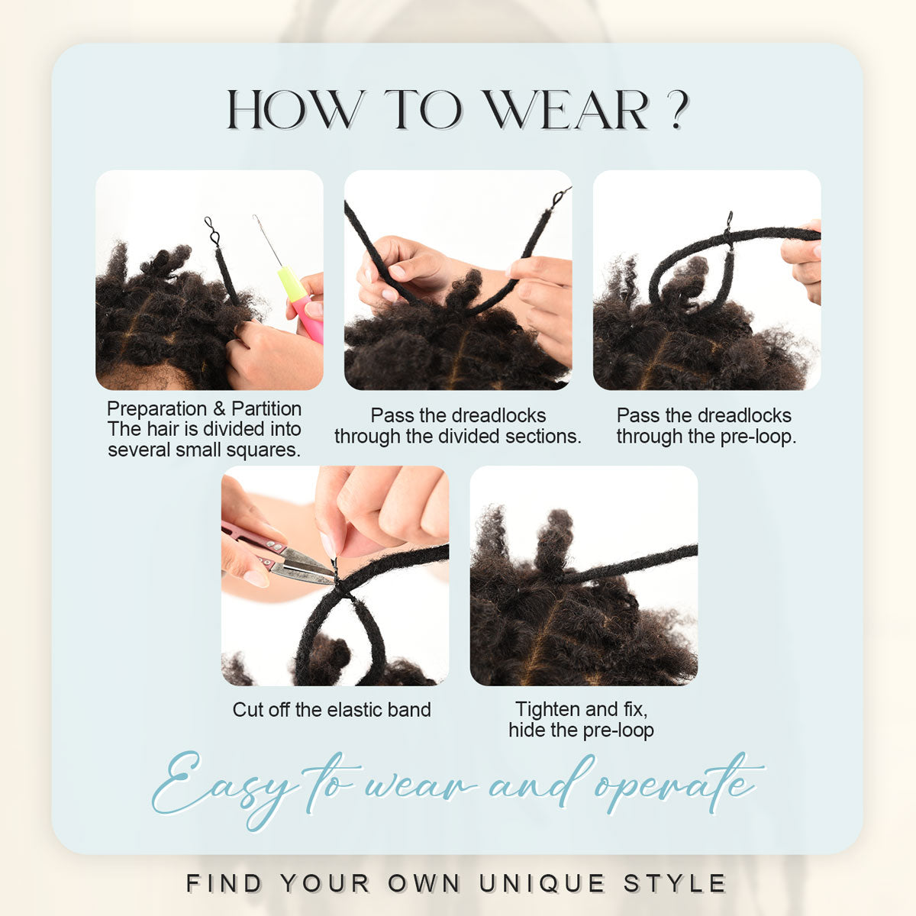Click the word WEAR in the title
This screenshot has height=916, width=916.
[x=566, y=109]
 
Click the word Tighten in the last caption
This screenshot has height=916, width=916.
[x=547, y=710]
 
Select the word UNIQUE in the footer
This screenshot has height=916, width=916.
[x=542, y=884]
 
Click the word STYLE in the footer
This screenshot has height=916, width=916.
[x=674, y=883]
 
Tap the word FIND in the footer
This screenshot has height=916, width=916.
[x=224, y=883]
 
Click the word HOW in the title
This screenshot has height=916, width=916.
[x=295, y=109]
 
